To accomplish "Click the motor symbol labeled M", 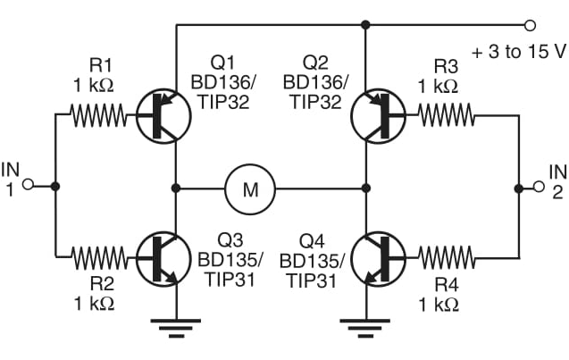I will pyautogui.click(x=250, y=188).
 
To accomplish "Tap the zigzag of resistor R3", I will pyautogui.click(x=442, y=114).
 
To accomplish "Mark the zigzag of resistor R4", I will pyautogui.click(x=442, y=259).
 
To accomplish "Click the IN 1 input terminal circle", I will pyautogui.click(x=28, y=186).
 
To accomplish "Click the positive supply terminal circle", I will pyautogui.click(x=531, y=25).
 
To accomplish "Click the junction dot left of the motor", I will pyautogui.click(x=176, y=188).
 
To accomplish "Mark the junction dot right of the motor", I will pyautogui.click(x=365, y=188).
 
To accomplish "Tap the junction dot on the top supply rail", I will pyautogui.click(x=365, y=25).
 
